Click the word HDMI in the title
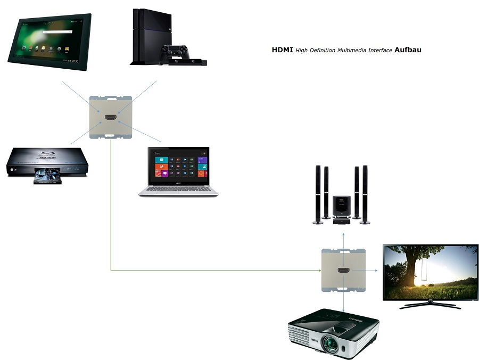[x=282, y=50]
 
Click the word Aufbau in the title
[x=408, y=50]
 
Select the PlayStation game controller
[x=175, y=52]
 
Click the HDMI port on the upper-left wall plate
[x=111, y=116]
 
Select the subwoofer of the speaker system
[x=341, y=207]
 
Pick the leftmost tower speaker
[x=318, y=195]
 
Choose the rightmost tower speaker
[x=365, y=195]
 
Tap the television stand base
[x=430, y=306]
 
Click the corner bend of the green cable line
[x=111, y=271]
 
